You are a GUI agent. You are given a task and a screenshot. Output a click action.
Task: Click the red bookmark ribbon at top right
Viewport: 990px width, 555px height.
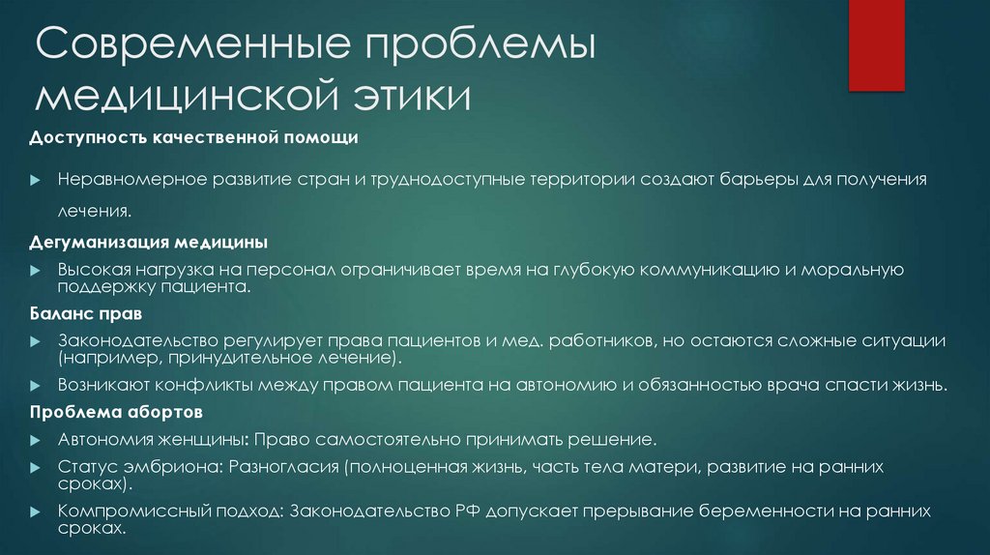(875, 44)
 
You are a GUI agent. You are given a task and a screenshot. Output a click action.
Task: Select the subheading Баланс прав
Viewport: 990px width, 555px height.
(85, 315)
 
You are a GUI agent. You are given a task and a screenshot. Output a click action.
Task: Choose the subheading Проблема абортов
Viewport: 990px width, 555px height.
(115, 412)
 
